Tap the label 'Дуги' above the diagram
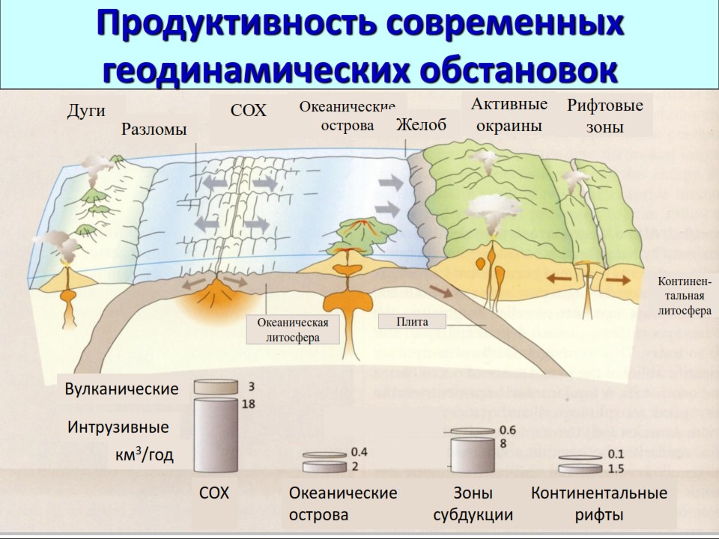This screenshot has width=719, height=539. coord(86,111)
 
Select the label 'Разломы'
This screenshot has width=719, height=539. coord(154,130)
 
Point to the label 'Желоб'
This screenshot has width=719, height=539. coord(421,124)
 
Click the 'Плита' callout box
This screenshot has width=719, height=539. coord(412,321)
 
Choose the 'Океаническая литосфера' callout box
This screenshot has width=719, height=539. coord(293,329)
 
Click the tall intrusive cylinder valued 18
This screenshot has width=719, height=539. coord(216,435)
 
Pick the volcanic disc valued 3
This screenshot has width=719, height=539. coord(216,386)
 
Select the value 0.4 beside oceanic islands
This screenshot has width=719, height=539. coord(359,452)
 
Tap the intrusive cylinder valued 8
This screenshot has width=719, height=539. coord(473,454)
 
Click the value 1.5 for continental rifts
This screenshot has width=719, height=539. coord(616,469)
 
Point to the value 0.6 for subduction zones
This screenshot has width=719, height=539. coord(508,430)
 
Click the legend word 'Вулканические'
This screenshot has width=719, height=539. coord(121,389)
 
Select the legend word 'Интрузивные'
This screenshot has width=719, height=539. coord(118,427)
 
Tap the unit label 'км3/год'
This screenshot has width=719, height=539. coord(145,454)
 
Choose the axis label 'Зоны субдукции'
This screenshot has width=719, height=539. coord(473,504)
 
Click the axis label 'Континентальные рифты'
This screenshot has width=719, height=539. coord(599,504)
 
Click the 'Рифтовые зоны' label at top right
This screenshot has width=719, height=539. coord(605,116)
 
